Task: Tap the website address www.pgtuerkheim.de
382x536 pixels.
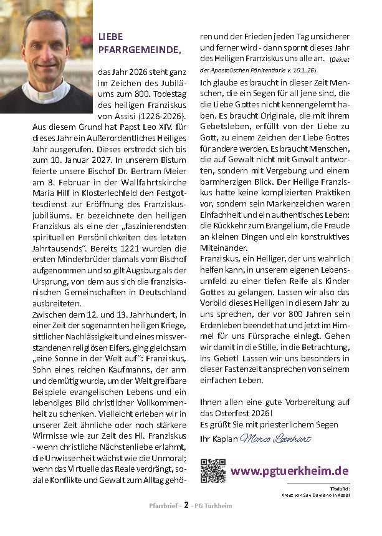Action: click(x=289, y=470)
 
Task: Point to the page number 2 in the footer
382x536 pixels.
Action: click(x=185, y=523)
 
